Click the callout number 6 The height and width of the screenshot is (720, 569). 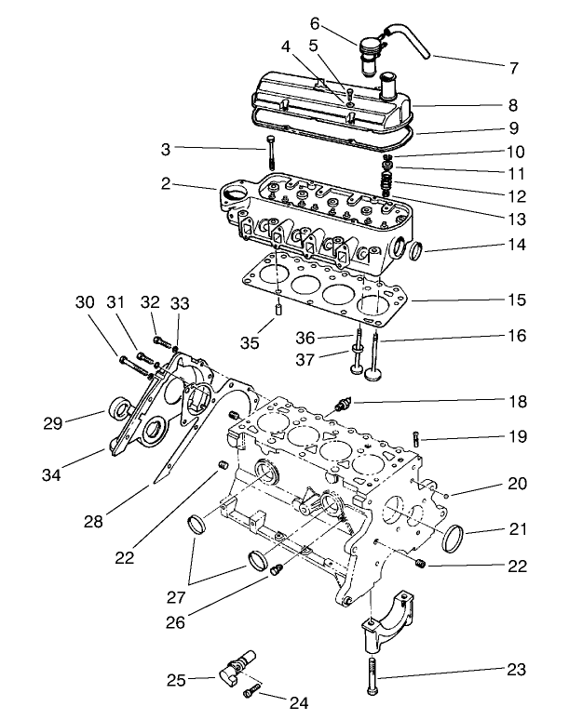point(289,22)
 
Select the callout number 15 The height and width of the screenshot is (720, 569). point(518,300)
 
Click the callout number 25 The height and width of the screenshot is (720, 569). point(178,680)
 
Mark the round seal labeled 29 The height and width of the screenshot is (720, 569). point(120,409)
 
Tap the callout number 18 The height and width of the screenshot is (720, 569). point(518,402)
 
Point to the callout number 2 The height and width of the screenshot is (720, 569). point(165,184)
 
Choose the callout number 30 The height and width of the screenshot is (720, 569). point(85,302)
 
